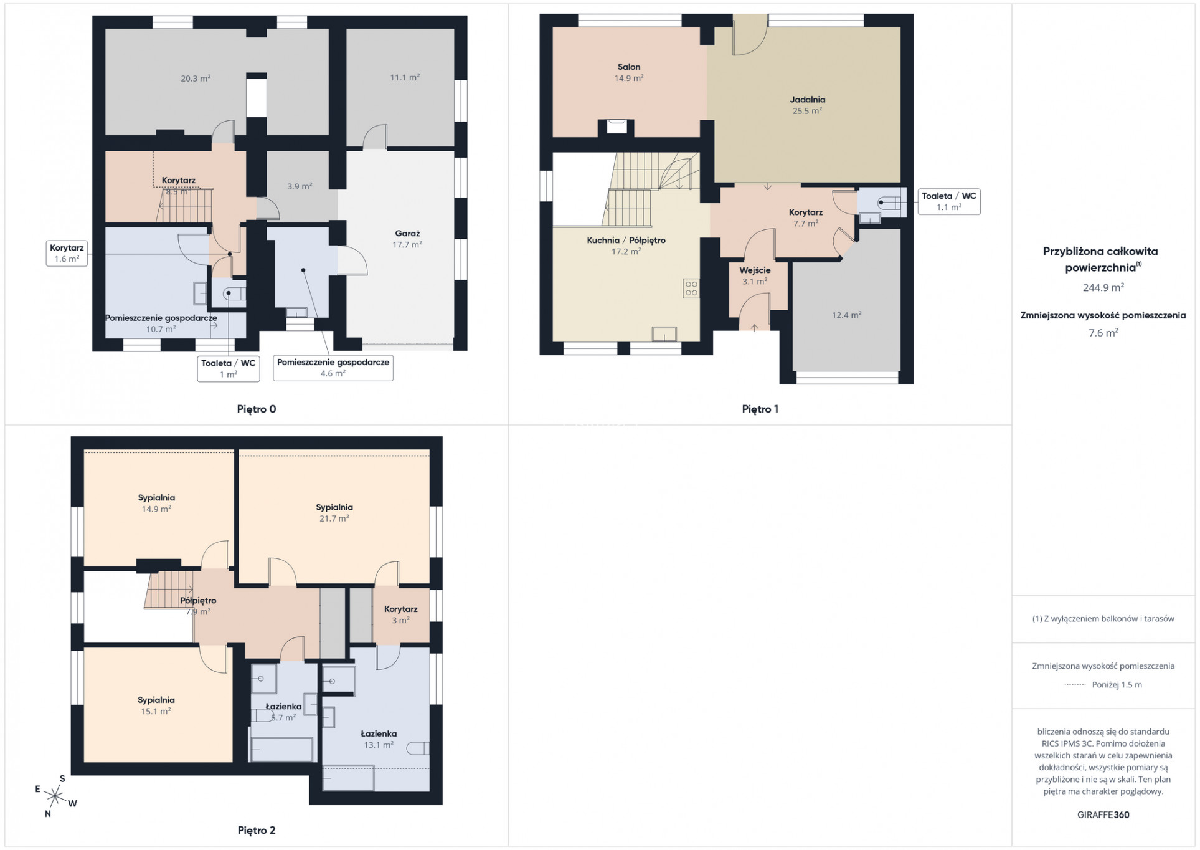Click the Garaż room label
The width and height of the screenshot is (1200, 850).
[407, 234]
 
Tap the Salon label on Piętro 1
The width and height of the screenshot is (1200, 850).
[628, 67]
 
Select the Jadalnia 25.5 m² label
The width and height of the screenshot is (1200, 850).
[807, 105]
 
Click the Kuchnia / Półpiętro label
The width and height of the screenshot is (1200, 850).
[626, 240]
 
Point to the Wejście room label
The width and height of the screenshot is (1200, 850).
[755, 270]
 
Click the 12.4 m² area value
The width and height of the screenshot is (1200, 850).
[846, 315]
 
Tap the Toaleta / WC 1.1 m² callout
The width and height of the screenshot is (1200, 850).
[949, 201]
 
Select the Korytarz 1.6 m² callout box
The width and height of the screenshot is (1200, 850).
[67, 253]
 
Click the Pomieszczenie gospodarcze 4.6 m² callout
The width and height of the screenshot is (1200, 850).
[333, 368]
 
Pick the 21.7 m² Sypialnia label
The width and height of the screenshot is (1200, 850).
[334, 513]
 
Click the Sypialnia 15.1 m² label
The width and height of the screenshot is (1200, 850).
[156, 705]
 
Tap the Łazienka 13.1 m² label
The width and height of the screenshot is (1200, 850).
[379, 739]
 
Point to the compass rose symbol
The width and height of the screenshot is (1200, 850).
[56, 796]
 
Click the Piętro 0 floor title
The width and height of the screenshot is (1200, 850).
[256, 409]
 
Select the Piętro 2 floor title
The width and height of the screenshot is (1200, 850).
[256, 830]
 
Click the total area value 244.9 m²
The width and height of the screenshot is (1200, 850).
[1103, 287]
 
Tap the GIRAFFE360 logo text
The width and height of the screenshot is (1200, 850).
[1103, 814]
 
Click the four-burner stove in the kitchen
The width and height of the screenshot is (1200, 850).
[691, 288]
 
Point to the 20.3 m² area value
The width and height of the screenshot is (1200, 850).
[196, 79]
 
